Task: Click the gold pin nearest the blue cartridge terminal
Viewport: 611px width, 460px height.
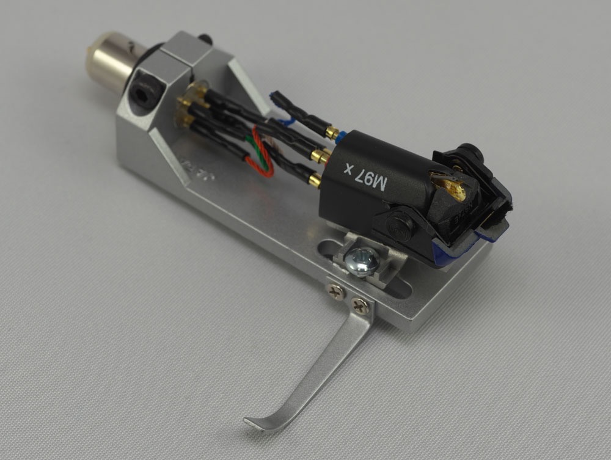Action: (x=332, y=133)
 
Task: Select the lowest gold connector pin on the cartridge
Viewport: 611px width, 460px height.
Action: (x=315, y=178)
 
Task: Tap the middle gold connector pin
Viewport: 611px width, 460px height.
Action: (x=320, y=156)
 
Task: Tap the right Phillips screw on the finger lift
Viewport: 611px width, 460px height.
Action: (x=360, y=305)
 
